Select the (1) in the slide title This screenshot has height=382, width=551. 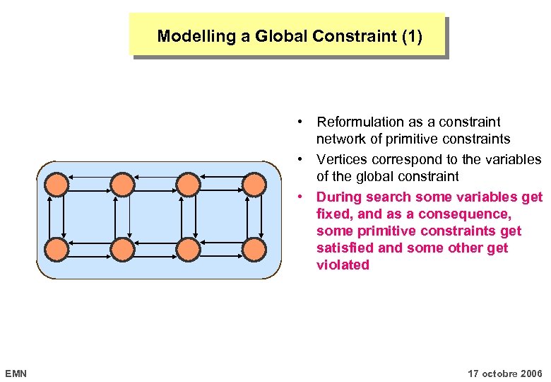click(x=410, y=36)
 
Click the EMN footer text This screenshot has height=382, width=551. click(x=16, y=373)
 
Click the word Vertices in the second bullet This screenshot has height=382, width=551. click(x=341, y=159)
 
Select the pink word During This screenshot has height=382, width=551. click(x=339, y=197)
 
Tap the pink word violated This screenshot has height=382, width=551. click(x=343, y=265)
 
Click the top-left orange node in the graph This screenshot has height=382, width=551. click(x=57, y=185)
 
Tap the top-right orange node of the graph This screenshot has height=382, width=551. click(x=254, y=185)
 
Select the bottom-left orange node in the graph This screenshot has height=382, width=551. click(x=57, y=249)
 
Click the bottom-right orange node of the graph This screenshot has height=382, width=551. click(x=254, y=249)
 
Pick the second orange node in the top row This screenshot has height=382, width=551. click(x=123, y=185)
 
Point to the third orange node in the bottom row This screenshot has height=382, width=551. click(x=189, y=249)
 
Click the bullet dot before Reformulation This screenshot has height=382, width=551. click(x=300, y=122)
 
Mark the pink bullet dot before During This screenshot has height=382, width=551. click(x=300, y=197)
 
